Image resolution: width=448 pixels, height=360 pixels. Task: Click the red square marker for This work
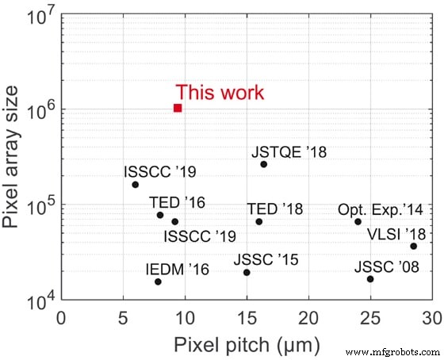pos(178,108)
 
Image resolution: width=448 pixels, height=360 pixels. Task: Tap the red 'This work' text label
pos(220,92)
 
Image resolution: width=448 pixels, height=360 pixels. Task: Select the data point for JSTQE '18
pos(264,164)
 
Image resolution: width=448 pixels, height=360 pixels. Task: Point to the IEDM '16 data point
pos(158,281)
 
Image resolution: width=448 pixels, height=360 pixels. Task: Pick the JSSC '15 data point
pos(247,273)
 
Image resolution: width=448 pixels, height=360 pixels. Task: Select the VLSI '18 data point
pos(413,247)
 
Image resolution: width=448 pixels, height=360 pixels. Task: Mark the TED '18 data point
pos(258,221)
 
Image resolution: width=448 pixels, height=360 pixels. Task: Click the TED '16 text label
pos(177,202)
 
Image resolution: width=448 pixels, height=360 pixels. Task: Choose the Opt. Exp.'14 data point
pos(358,221)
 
